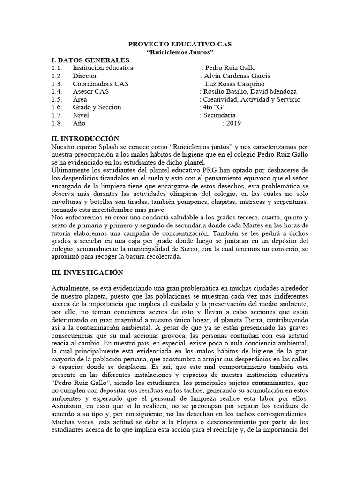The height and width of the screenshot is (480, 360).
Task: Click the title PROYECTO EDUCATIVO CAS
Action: (x=180, y=44)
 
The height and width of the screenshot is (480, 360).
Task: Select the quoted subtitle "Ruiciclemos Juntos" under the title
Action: (x=180, y=52)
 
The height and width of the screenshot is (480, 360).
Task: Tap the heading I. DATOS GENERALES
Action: (x=90, y=60)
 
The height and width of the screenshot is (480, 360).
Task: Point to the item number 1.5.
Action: (x=57, y=99)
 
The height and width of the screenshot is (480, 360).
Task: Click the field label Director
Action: (x=85, y=75)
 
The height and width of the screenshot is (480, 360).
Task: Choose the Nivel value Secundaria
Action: (x=219, y=115)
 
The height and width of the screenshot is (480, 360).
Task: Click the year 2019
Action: (x=233, y=123)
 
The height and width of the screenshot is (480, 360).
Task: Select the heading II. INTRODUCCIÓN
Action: (x=85, y=139)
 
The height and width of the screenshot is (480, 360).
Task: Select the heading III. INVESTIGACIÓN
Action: (x=87, y=272)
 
